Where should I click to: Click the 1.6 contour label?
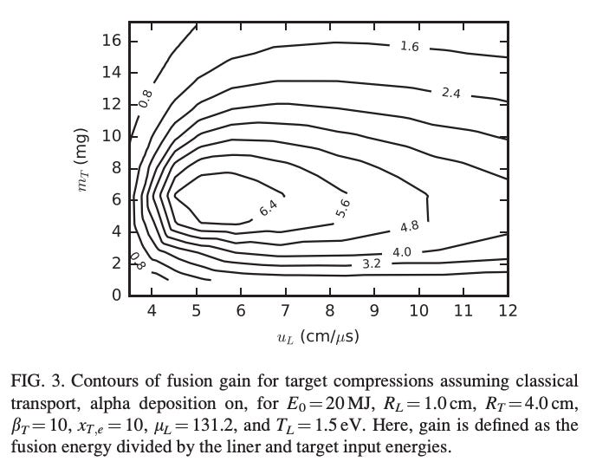coord(410,47)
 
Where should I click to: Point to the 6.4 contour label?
coord(268,208)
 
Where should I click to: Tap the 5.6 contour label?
coord(343,207)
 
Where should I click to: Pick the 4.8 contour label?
coord(410,227)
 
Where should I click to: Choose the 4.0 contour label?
coord(402,252)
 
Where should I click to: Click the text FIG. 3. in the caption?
coord(36,381)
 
